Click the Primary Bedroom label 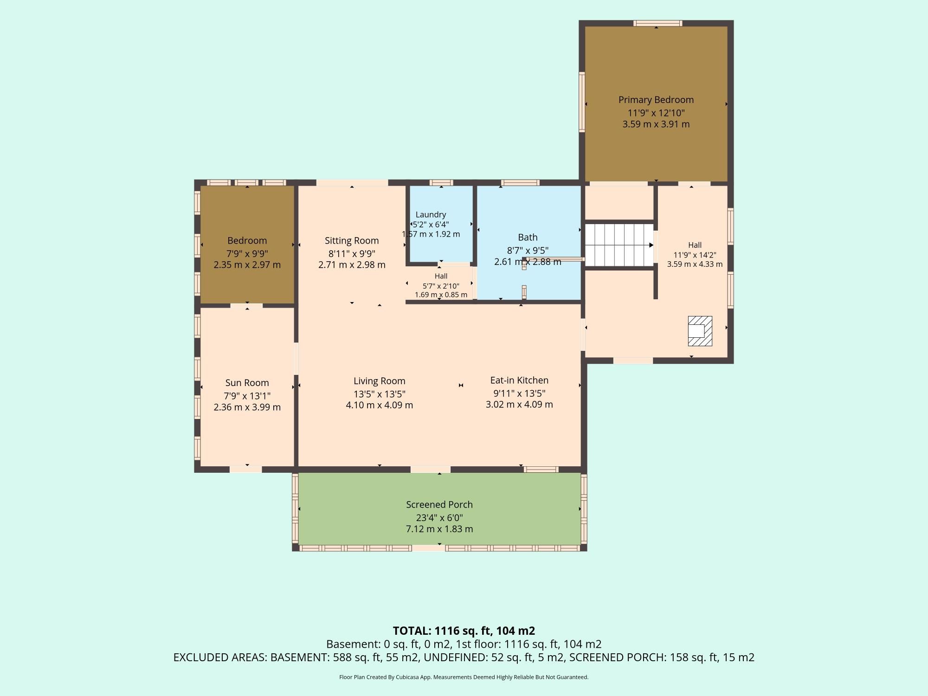(x=656, y=100)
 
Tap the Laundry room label (x=431, y=214)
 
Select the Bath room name (x=528, y=237)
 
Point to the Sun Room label (x=247, y=383)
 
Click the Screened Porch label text (x=439, y=504)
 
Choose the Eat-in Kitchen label (x=519, y=380)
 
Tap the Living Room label (x=380, y=381)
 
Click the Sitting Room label (x=352, y=240)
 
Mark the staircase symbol (x=619, y=245)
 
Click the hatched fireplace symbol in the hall (x=700, y=331)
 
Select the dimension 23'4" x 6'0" (x=439, y=517)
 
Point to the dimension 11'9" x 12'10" (x=656, y=113)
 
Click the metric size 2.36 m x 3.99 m (x=247, y=407)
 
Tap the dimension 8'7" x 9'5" (x=528, y=251)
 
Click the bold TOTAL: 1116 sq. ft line (x=464, y=631)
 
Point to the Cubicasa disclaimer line (x=464, y=677)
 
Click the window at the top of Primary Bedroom (x=658, y=23)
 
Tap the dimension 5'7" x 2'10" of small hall (x=441, y=286)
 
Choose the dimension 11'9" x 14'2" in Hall (x=695, y=255)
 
